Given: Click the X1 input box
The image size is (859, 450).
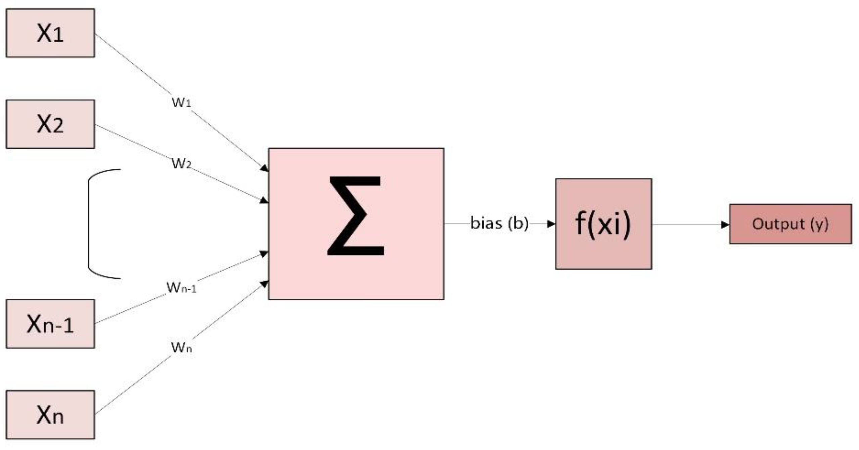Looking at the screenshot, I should tap(50, 33).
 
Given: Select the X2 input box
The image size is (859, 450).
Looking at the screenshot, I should tap(50, 124).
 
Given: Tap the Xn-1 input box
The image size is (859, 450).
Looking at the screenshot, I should tap(50, 324).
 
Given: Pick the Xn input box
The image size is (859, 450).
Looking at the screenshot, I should tap(50, 414).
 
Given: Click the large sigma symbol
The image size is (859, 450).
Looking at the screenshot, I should tap(356, 216).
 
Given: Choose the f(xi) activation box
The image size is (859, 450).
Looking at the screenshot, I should tap(603, 224).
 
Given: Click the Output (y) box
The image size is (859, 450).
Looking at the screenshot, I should tap(790, 224).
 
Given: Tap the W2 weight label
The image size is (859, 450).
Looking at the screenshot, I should tap(181, 163).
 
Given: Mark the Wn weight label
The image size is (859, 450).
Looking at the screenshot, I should tap(181, 347).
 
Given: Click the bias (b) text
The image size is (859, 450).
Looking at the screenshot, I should tap(499, 223).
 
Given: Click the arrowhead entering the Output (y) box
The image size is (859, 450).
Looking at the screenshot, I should tap(725, 224).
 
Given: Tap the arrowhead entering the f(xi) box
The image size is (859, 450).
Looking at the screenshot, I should tap(551, 223).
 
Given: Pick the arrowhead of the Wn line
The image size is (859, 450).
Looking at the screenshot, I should tap(265, 284).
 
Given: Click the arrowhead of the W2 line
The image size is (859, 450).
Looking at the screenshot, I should tap(264, 201).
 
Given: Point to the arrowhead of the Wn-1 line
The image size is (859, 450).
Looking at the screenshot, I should tap(264, 254).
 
